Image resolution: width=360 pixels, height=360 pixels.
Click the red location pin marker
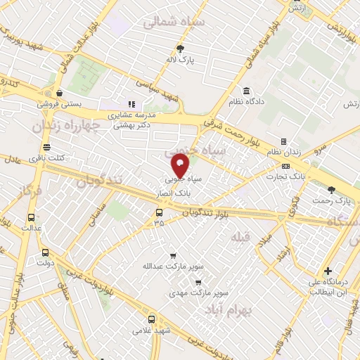(x=181, y=167)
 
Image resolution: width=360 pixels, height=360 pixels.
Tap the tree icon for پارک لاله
(x=181, y=49)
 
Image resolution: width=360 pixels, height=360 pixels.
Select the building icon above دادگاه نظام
(x=246, y=91)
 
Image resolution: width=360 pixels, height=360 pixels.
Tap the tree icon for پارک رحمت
(x=332, y=189)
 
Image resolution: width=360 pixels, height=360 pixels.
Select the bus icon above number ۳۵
(x=159, y=212)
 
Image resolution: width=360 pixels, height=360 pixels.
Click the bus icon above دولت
(x=46, y=253)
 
